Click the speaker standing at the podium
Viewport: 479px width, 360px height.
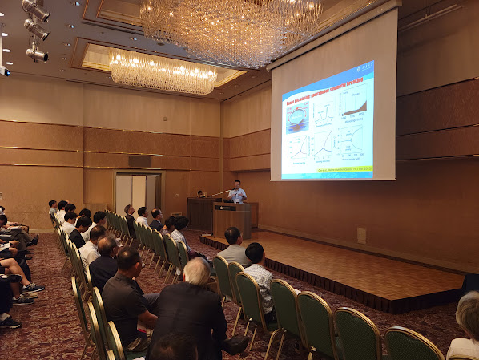tap(237, 192)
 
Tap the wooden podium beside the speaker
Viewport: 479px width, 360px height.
tap(231, 219)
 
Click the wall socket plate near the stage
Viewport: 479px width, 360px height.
tap(361, 235)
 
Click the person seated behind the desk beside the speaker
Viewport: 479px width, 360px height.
tap(200, 194)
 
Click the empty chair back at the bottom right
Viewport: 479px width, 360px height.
tap(412, 345)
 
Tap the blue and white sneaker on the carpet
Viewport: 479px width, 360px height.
tap(31, 287)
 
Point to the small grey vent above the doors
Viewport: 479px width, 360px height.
tap(140, 160)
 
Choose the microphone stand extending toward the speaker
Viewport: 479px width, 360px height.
tap(220, 192)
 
